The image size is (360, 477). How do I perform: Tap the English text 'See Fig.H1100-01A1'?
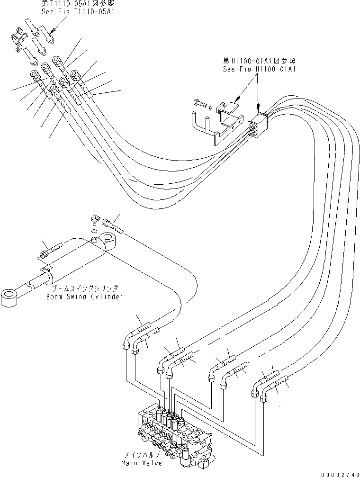click(x=260, y=69)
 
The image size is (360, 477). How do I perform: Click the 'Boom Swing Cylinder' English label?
click(x=85, y=297)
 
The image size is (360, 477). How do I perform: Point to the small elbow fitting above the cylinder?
click(x=95, y=219)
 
